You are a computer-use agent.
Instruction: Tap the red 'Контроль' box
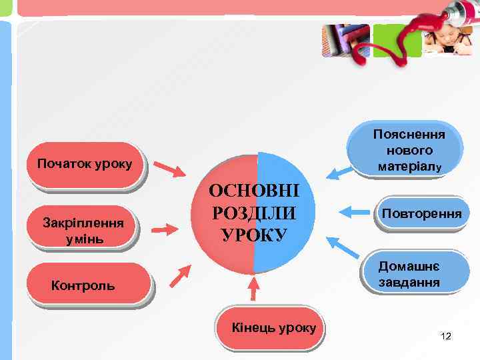[83, 285]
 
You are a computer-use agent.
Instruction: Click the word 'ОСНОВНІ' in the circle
[254, 192]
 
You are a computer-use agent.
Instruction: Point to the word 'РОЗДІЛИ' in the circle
[254, 214]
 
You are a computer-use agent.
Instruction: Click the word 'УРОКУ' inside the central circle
[254, 235]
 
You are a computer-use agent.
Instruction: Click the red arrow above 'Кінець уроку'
[253, 289]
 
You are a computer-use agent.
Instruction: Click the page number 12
[446, 336]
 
